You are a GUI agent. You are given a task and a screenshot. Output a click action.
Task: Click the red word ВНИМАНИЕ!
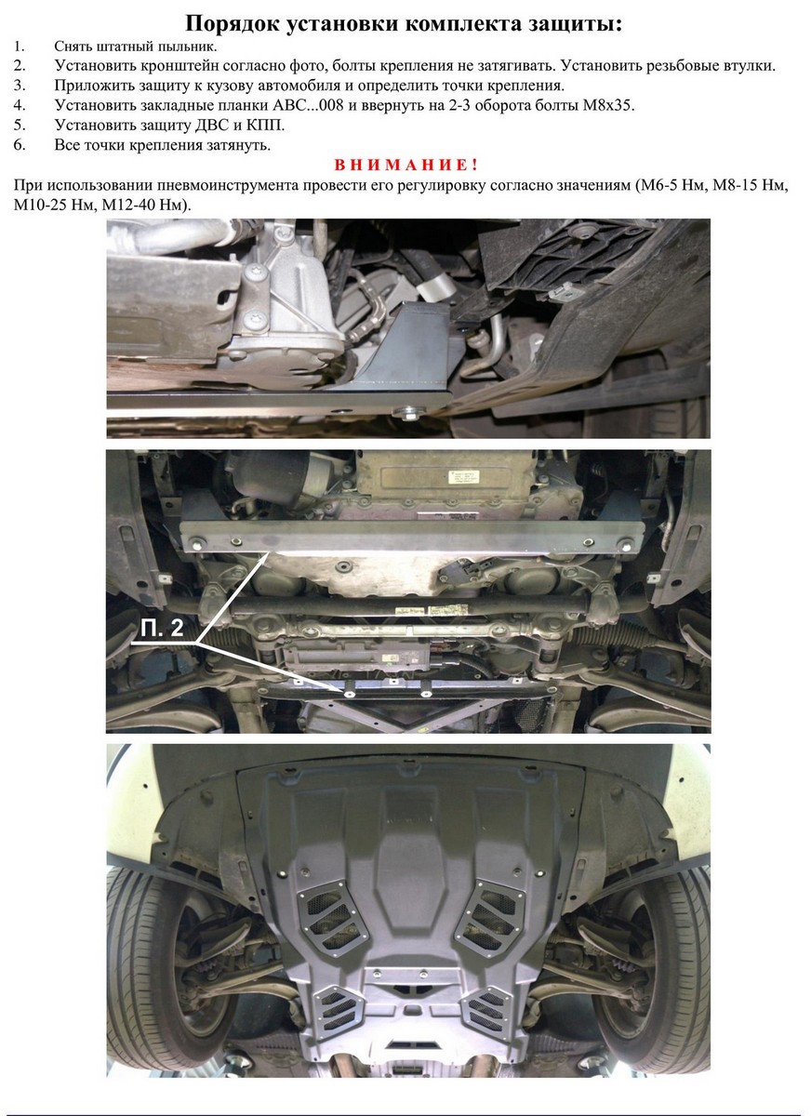405,165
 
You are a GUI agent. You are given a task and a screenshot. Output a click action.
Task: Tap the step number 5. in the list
20,126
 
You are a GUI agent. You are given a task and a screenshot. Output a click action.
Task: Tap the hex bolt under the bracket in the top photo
407,413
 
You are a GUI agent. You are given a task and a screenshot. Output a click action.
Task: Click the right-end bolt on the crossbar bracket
626,544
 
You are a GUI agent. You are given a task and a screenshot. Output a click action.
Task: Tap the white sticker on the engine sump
463,477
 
